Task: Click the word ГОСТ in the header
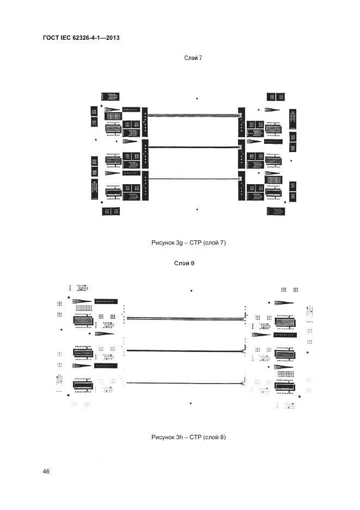[x=51, y=38]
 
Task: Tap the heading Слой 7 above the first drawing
[x=194, y=57]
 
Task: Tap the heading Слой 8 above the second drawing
[x=184, y=263]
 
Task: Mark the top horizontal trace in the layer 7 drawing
[x=193, y=115]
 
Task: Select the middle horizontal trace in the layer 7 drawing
[x=193, y=147]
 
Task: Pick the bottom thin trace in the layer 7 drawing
[x=193, y=179]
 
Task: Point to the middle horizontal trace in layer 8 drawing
[x=185, y=351]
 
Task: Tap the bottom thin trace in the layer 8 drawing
[x=185, y=383]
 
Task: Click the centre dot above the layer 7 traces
[x=197, y=99]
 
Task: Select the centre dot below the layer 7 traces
[x=197, y=209]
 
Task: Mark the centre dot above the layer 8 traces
[x=191, y=291]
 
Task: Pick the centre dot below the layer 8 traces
[x=191, y=404]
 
